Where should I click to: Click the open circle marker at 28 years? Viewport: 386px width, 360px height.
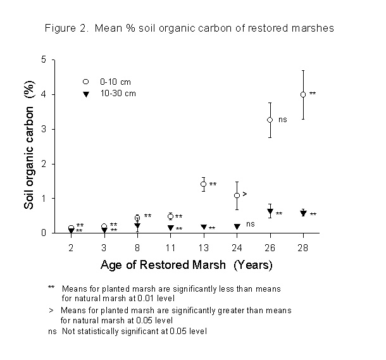(303, 94)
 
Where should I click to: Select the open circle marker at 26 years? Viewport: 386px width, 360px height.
(270, 120)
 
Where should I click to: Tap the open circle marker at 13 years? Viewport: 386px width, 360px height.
(203, 184)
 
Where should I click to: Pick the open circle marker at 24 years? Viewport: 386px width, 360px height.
(237, 196)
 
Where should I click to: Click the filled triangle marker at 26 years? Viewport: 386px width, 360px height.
(270, 212)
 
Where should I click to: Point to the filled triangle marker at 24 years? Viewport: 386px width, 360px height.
(237, 227)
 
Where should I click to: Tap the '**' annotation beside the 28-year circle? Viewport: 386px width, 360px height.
(313, 94)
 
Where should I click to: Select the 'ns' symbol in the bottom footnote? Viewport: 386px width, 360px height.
(52, 331)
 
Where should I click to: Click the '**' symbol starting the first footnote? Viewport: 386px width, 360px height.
(51, 288)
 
